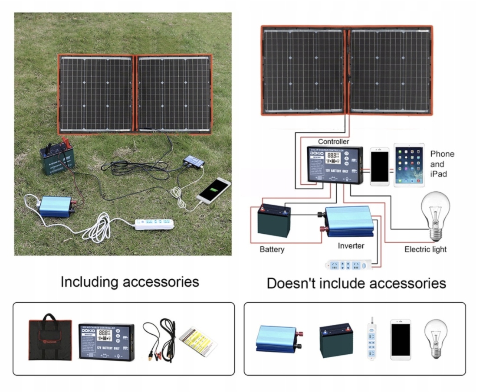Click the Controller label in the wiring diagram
click(333, 141)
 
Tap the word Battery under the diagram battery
click(272, 249)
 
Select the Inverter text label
click(351, 246)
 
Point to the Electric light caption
click(425, 249)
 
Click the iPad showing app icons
click(408, 166)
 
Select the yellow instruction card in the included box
click(198, 340)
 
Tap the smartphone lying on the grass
click(213, 190)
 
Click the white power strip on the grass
click(154, 224)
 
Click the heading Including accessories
click(130, 282)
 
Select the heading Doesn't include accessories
click(356, 284)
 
